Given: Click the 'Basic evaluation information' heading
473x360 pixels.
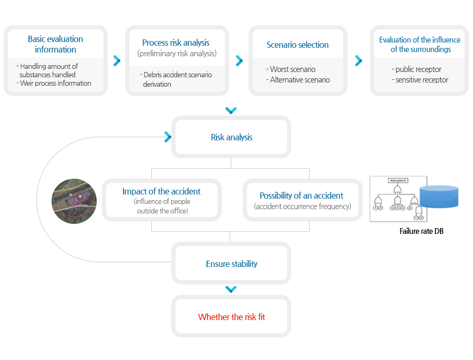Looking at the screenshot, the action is (x=56, y=44).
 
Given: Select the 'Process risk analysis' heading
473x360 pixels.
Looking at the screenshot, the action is (x=176, y=43).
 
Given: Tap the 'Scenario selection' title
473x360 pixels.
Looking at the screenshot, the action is (x=297, y=45).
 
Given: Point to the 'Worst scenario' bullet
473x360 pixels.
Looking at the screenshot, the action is (x=291, y=69).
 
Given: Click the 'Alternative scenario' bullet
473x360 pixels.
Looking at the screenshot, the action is (x=298, y=80).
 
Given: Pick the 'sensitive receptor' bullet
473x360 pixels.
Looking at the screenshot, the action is (x=420, y=80).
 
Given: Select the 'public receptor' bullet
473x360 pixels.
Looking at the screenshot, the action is (x=417, y=69).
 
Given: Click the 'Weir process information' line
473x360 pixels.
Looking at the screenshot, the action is (x=54, y=83).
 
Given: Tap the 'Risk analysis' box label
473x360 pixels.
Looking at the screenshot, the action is (x=232, y=137).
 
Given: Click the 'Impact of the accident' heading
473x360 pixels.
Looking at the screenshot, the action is (x=161, y=191).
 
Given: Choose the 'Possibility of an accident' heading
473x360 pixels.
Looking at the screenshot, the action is (x=301, y=196).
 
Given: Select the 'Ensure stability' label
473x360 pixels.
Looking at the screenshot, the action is (x=232, y=264).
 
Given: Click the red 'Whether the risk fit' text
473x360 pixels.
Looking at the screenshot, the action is (x=232, y=317).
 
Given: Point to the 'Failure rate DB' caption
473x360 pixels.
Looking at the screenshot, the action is (x=421, y=231).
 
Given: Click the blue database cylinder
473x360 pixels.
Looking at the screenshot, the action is (x=439, y=197).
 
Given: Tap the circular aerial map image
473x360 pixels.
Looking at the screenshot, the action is (x=74, y=201).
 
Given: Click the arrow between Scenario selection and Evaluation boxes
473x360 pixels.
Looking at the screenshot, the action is (x=358, y=60).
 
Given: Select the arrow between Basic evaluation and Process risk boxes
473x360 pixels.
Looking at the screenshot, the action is (x=117, y=60).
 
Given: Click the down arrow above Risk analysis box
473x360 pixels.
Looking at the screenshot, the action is (x=231, y=110).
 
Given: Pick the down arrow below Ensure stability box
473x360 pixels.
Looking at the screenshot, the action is (x=231, y=289).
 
